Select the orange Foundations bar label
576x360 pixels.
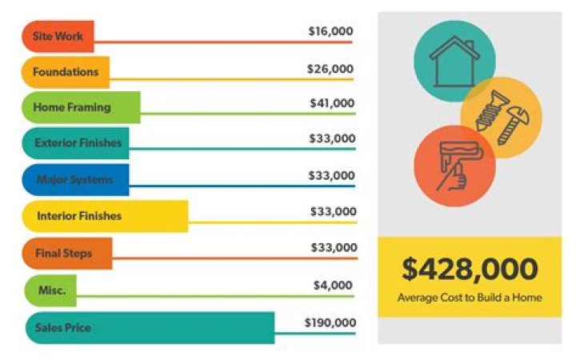coord(65,72)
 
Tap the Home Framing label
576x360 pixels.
coord(72,107)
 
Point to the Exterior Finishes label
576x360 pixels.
coord(78,143)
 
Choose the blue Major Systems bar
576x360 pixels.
coord(75,179)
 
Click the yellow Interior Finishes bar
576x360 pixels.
coord(104,216)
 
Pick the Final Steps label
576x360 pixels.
coord(64,254)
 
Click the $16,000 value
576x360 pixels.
coord(330,31)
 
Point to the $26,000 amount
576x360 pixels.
coord(330,69)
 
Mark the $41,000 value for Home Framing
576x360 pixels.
coord(331,103)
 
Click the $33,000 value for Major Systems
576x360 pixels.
coord(332,175)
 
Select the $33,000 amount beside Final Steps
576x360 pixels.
coord(334,247)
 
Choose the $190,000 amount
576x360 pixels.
coord(330,322)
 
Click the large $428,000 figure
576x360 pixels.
coord(470,270)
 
